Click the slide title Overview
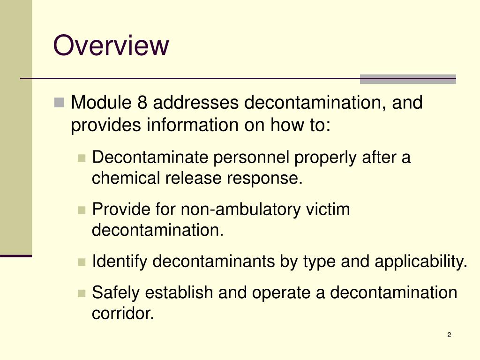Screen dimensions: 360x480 (111, 46)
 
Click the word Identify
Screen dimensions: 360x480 (120, 261)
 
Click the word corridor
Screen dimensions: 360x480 (123, 313)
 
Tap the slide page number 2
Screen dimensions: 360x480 (449, 335)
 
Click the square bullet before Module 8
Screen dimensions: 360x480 (59, 102)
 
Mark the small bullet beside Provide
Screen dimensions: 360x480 (82, 210)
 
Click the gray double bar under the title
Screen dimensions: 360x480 (407, 79)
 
